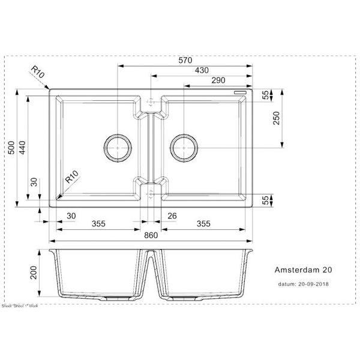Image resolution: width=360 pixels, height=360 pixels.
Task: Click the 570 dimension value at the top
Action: [x=184, y=60]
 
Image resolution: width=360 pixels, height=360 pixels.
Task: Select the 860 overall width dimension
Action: [x=151, y=235]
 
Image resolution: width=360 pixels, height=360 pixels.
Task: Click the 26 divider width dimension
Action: [x=173, y=215]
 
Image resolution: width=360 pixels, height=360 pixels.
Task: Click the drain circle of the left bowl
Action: [x=117, y=147]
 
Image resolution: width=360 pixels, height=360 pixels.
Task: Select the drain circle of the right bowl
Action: [x=183, y=147]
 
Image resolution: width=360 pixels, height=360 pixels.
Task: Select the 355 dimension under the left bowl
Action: [x=99, y=224]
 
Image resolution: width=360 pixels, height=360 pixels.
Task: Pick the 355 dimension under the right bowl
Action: [x=203, y=224]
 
